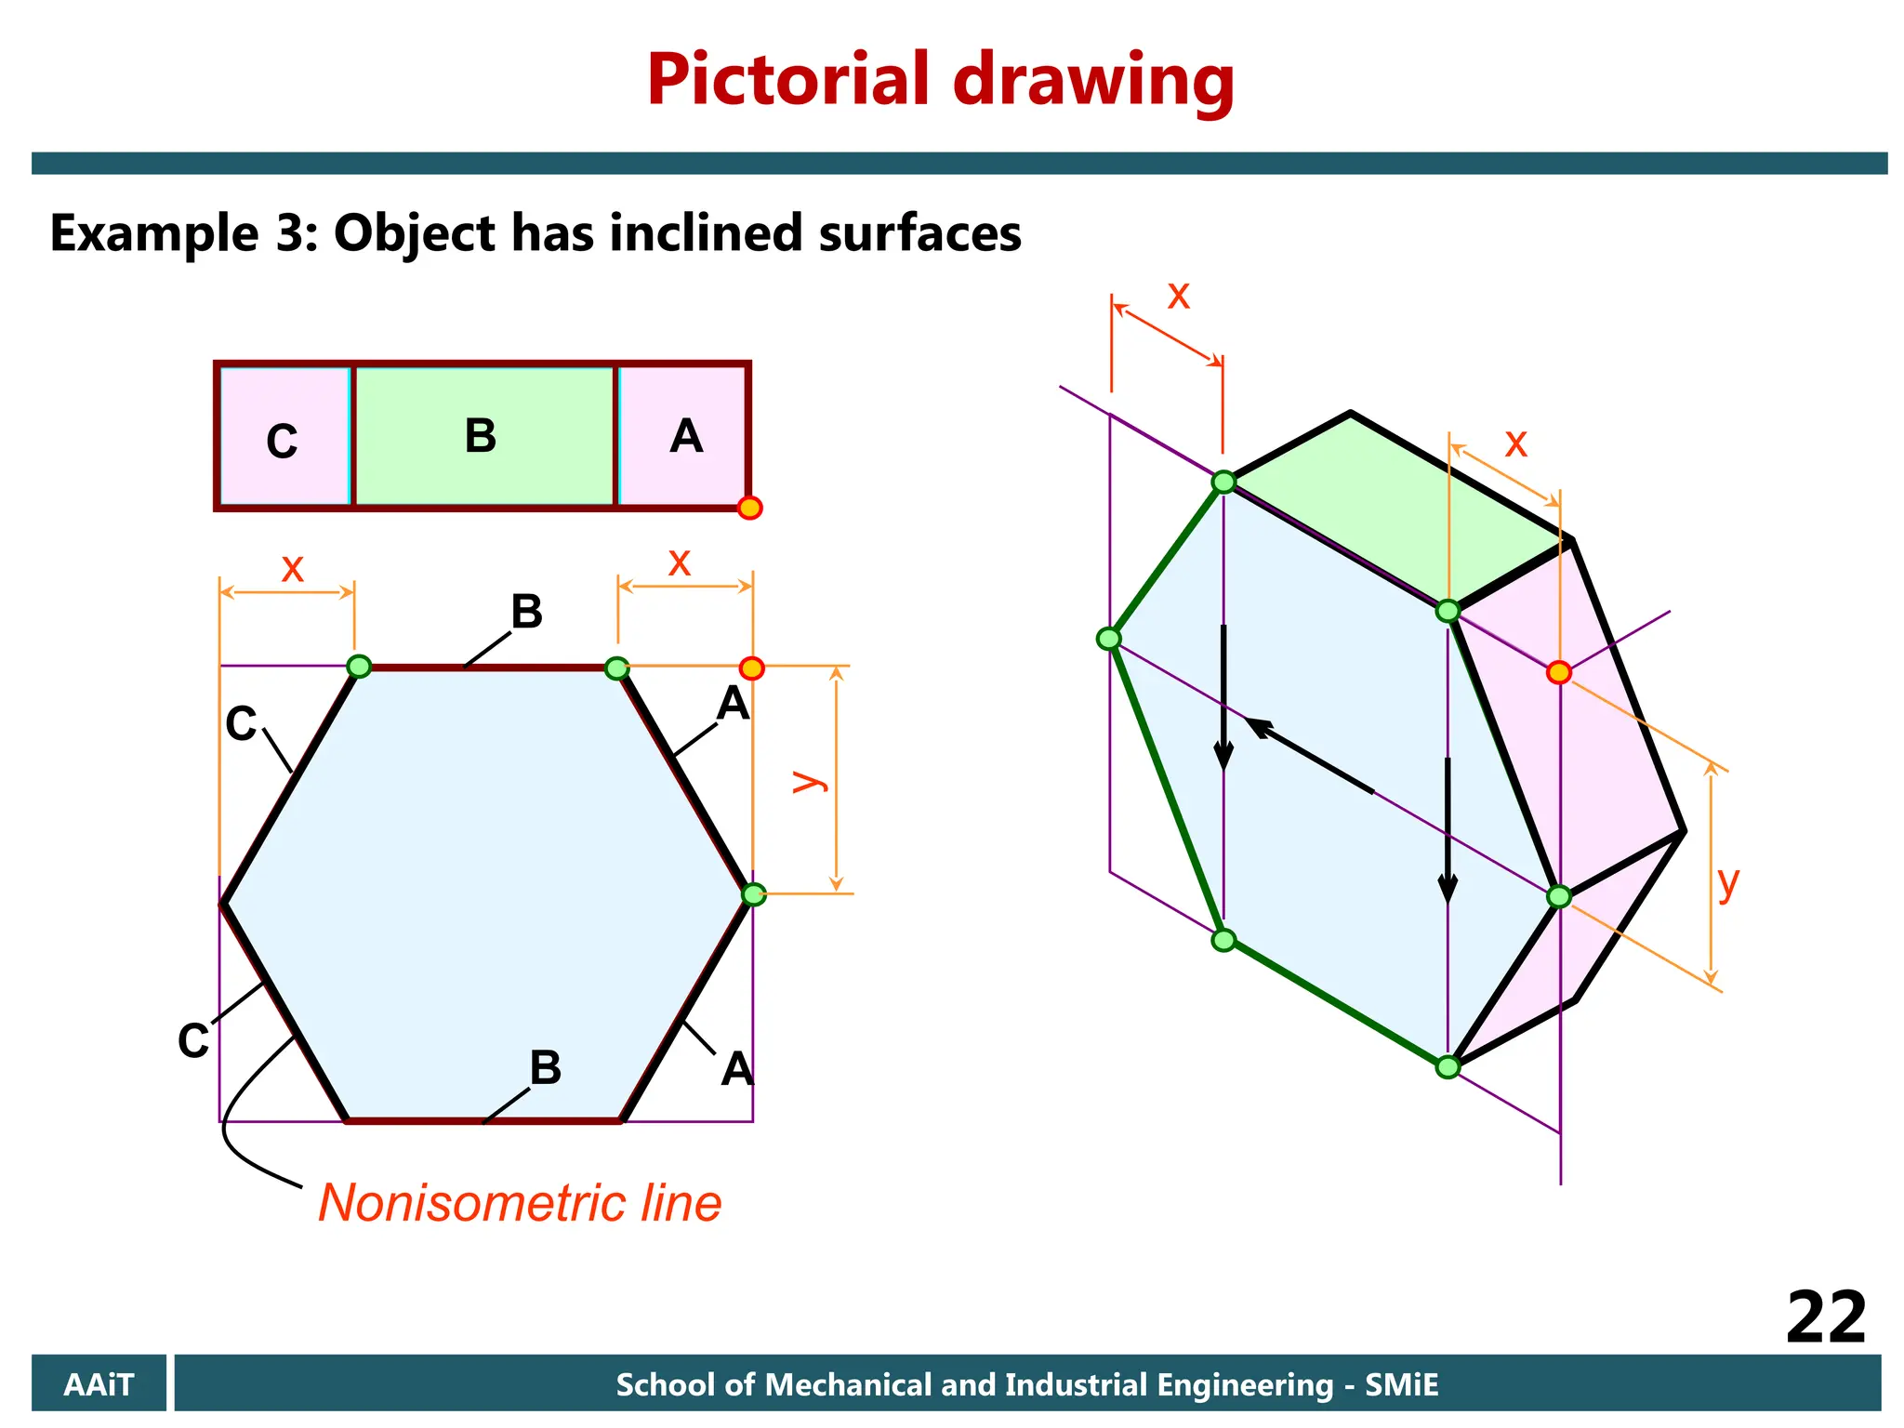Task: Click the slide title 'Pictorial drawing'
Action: tap(940, 81)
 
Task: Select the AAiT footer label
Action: tap(99, 1384)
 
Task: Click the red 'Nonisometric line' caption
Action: tap(520, 1203)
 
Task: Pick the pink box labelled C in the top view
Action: tap(284, 438)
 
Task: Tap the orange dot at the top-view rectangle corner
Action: tap(749, 508)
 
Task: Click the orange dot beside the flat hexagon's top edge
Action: tap(751, 668)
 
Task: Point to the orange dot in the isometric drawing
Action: tap(1559, 672)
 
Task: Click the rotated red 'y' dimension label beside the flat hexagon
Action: tap(809, 780)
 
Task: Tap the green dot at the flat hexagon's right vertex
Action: tap(753, 894)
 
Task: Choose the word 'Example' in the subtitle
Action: tap(154, 233)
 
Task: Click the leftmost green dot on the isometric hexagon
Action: tap(1108, 639)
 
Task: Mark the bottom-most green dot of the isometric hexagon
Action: tap(1448, 1066)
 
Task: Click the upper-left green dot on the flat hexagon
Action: tap(359, 666)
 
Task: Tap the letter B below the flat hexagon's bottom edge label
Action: tap(546, 1066)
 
